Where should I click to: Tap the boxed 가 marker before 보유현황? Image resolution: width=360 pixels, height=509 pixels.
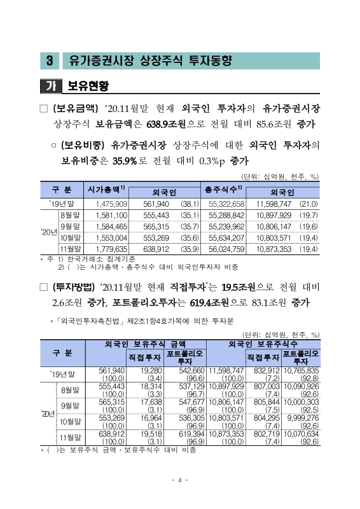coord(46,85)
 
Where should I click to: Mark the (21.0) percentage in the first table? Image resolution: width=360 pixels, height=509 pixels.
coord(308,204)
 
